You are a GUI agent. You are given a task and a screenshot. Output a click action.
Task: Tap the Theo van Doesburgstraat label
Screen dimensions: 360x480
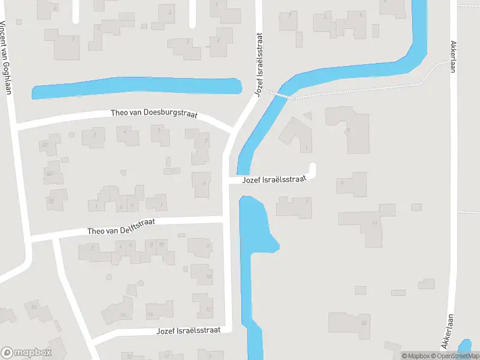click(154, 113)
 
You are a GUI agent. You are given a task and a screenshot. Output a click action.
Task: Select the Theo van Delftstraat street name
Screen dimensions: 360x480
click(121, 226)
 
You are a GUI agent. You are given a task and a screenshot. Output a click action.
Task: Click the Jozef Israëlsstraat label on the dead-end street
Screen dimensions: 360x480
click(274, 179)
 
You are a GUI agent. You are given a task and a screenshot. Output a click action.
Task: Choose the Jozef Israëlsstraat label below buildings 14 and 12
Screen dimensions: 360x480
click(188, 331)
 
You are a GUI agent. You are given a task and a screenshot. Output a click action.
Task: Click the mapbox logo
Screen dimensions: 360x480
click(26, 353)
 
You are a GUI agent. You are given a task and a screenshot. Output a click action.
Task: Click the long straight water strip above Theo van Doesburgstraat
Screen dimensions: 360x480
click(136, 87)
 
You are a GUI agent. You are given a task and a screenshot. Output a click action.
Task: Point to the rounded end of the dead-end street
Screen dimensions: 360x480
click(312, 167)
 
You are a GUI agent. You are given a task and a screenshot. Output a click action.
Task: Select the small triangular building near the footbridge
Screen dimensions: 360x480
click(308, 115)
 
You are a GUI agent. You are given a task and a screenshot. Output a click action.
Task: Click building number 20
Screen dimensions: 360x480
click(350, 323)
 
